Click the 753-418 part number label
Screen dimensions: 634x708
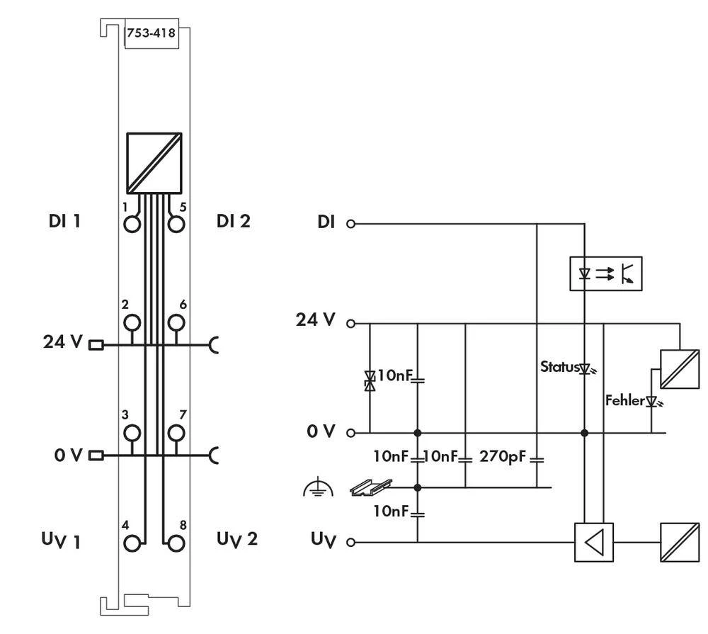pos(151,33)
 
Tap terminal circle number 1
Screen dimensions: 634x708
pos(132,225)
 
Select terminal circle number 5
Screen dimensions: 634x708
pos(176,225)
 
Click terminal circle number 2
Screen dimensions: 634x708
pos(132,323)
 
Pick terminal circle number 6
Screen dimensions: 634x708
pos(176,323)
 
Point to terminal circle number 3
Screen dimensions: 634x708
pos(132,432)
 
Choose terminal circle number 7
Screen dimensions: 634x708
pos(176,432)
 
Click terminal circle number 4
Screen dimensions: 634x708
pos(132,543)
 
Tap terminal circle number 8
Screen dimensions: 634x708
pos(176,543)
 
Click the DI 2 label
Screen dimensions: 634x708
pos(233,221)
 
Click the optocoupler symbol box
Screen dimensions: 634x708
pos(605,274)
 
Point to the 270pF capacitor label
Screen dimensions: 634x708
pos(503,455)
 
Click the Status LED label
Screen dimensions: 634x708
pos(559,367)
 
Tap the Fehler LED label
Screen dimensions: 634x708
pos(625,401)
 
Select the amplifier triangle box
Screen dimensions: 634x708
pos(594,543)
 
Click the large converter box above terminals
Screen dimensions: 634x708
pos(154,162)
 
